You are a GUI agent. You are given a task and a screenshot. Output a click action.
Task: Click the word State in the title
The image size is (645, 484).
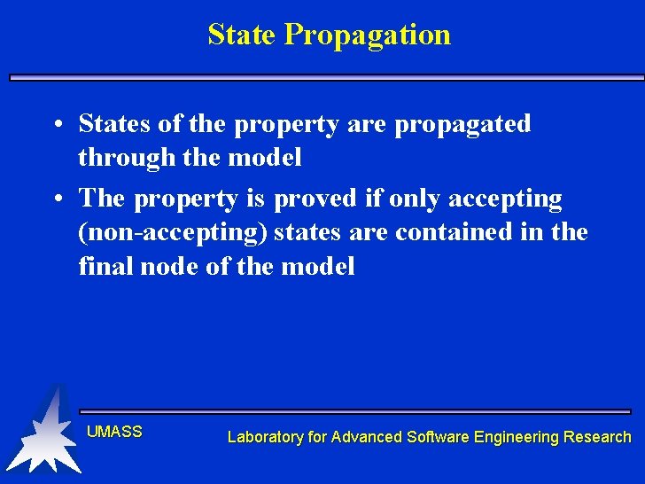243,35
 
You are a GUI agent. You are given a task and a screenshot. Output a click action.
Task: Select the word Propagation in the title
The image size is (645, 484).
368,35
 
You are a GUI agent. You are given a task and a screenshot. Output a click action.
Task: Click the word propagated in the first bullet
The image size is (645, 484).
462,124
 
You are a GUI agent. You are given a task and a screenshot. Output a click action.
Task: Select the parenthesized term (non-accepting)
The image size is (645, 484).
174,233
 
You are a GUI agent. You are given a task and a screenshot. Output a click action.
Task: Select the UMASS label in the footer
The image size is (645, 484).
114,433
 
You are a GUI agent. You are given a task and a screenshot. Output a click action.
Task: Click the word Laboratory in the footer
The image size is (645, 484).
265,437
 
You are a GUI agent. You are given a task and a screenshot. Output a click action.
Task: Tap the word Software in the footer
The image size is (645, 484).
439,437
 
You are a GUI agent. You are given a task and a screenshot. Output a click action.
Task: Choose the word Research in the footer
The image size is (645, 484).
597,437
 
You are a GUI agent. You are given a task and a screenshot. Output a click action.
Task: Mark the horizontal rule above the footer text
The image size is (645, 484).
354,411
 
